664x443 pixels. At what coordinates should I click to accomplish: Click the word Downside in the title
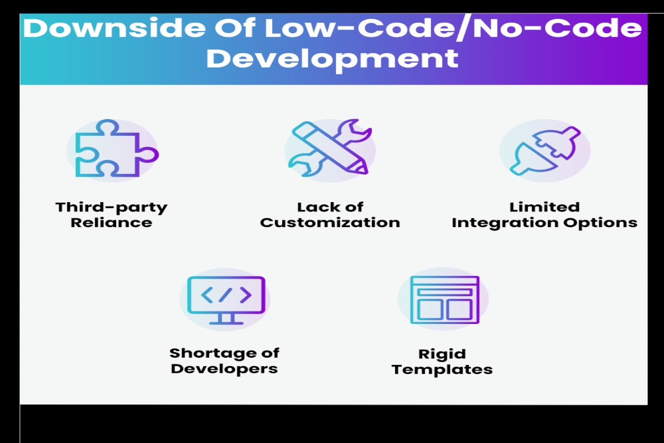(x=114, y=28)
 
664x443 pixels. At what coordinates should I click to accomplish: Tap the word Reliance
(x=111, y=223)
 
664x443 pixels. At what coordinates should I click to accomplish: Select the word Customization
(x=330, y=223)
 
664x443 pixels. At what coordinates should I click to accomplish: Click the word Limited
(x=544, y=207)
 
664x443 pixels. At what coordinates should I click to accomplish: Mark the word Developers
(x=224, y=369)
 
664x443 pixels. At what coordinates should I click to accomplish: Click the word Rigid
(x=442, y=354)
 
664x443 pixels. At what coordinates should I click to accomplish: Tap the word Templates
(x=442, y=370)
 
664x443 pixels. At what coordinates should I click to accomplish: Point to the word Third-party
(x=111, y=208)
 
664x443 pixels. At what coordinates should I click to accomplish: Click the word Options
(x=600, y=223)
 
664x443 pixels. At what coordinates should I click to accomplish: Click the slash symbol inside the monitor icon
(x=225, y=295)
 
